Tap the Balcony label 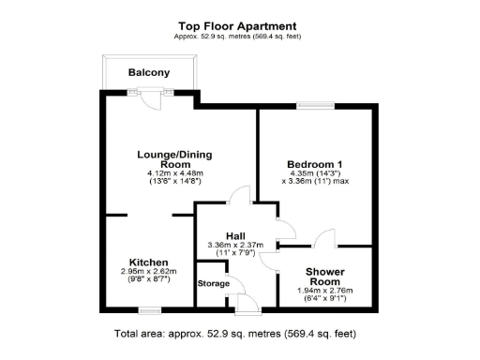click(149, 72)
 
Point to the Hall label click(235, 236)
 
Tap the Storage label click(213, 283)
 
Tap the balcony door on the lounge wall click(150, 93)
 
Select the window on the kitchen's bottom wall click(148, 306)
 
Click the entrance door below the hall click(248, 302)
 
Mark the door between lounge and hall click(238, 197)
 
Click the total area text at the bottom click(235, 334)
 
